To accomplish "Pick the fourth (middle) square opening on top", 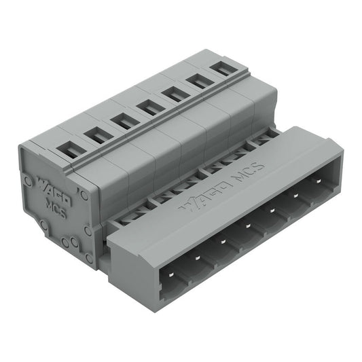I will coord(148,107).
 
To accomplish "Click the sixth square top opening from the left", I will coord(196,81).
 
